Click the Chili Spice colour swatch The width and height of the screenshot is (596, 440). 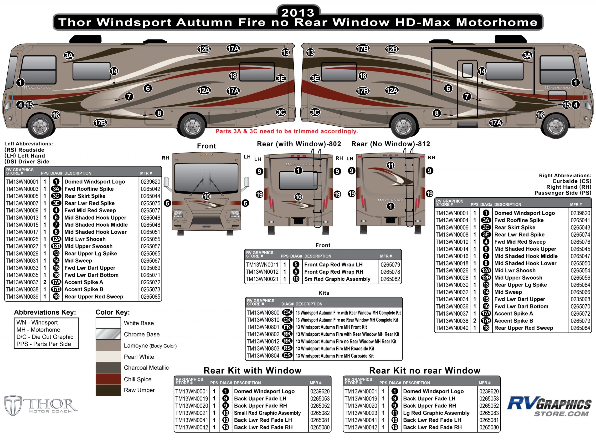(x=108, y=379)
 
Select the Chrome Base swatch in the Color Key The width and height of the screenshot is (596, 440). (x=108, y=334)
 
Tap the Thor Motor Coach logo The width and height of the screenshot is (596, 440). (x=41, y=405)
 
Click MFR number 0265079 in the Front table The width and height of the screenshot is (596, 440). (x=390, y=265)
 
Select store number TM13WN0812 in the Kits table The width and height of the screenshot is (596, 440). (x=263, y=341)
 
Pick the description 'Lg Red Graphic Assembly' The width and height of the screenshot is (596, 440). (x=436, y=413)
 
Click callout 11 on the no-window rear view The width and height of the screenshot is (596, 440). (x=390, y=165)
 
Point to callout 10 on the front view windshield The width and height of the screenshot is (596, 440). (x=206, y=197)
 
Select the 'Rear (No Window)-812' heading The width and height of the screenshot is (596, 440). (x=390, y=144)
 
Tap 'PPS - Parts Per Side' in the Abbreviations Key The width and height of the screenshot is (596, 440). (x=44, y=344)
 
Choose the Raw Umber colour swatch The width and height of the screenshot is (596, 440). (x=108, y=390)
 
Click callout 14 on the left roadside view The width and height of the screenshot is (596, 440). (x=114, y=71)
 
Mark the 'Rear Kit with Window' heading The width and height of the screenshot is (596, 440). (x=252, y=370)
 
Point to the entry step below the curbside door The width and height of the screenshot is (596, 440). (x=467, y=124)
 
